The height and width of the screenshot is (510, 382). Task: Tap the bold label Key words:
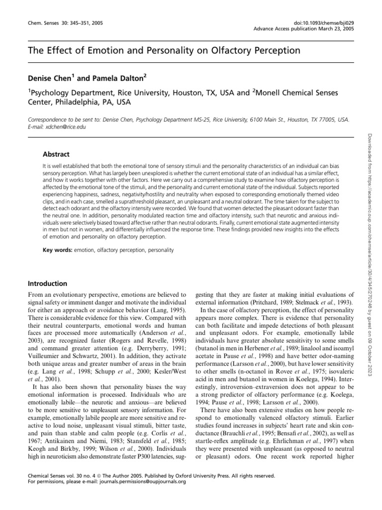57,250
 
